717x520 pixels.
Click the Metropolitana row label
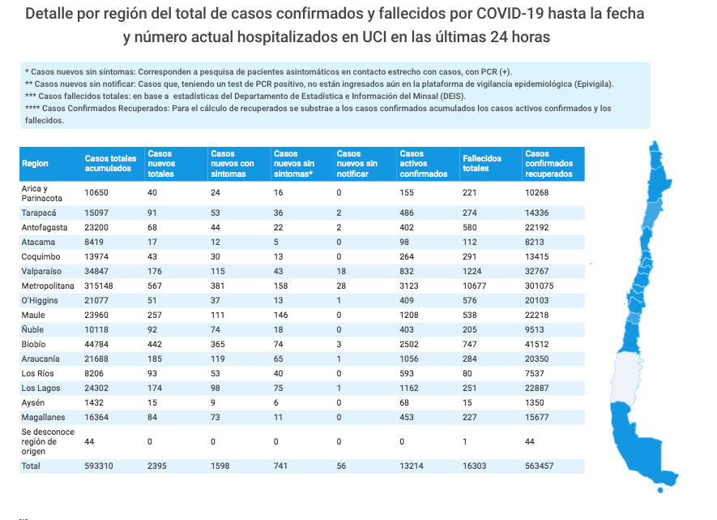point(49,286)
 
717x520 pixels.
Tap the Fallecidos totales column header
point(481,163)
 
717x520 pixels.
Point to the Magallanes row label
point(44,418)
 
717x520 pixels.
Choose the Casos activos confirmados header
point(424,163)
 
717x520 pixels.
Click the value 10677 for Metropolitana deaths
point(476,286)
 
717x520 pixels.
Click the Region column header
point(35,163)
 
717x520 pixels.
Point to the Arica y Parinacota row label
point(42,192)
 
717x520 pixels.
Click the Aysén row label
point(34,403)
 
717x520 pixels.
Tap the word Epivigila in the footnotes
point(590,84)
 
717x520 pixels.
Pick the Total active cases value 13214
point(412,466)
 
